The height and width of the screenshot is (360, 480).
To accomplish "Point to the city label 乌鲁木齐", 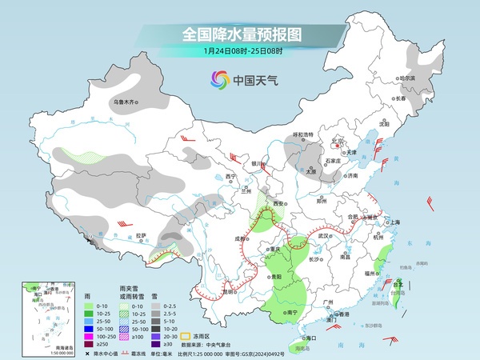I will [x=126, y=102].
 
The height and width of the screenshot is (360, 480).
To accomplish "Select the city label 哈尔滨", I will [x=408, y=78].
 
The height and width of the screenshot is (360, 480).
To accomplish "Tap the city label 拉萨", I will [x=141, y=235].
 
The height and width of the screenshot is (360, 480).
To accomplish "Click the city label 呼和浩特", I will [x=304, y=135].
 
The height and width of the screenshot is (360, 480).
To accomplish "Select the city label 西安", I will [x=278, y=205].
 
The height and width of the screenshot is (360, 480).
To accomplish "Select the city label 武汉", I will [x=322, y=236].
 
